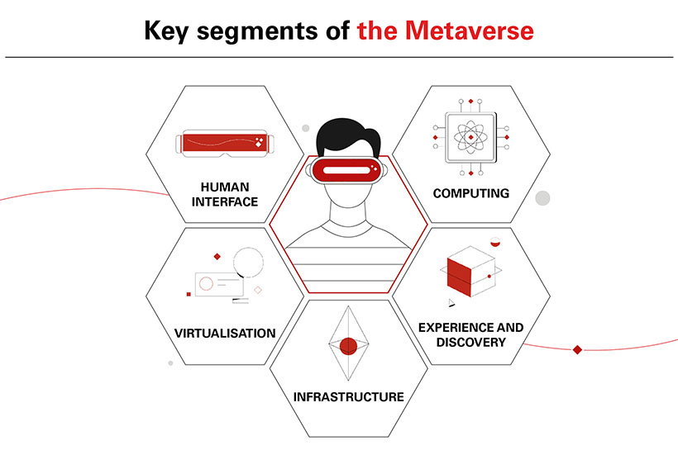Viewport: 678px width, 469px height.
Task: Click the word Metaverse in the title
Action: [469, 31]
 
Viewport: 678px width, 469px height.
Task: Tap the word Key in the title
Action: [166, 31]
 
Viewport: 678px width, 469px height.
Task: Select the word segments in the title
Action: [257, 32]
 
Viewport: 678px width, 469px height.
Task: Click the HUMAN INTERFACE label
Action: [225, 194]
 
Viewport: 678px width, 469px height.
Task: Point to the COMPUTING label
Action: [471, 193]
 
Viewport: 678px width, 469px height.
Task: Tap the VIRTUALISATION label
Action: [225, 333]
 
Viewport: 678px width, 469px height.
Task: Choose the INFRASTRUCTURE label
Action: [349, 396]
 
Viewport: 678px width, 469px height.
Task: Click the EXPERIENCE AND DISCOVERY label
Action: [471, 334]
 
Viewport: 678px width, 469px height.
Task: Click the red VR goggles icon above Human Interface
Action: [225, 143]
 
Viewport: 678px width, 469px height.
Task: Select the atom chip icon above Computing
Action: [471, 137]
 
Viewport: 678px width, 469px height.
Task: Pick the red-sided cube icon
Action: [471, 272]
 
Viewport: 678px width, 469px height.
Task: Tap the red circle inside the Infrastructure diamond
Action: [349, 346]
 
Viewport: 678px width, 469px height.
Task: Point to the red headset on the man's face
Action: [346, 170]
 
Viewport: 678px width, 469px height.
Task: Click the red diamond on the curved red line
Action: [577, 349]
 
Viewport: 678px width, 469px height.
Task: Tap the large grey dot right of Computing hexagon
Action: [542, 198]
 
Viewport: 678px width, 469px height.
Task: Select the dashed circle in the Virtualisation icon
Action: [248, 263]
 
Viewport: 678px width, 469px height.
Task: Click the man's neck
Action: [348, 214]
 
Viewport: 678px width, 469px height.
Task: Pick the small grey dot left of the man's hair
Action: [306, 128]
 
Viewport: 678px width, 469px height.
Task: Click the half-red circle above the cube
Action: [495, 242]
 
